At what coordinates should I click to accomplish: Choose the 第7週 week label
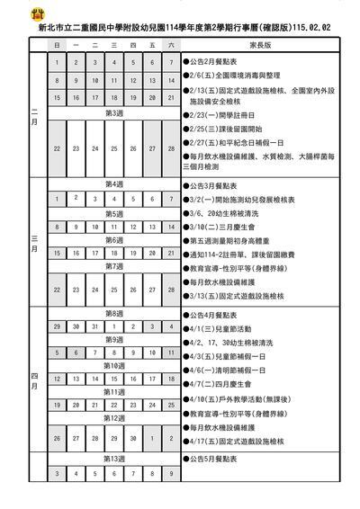point(114,266)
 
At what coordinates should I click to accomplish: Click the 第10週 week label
point(114,366)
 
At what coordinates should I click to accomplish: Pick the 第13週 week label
point(114,458)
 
